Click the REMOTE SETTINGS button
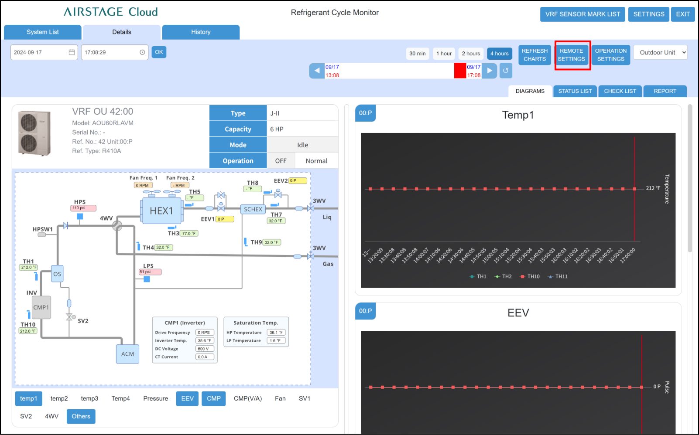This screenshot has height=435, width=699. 571,55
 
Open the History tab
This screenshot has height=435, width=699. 201,32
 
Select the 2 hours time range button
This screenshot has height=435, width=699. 471,54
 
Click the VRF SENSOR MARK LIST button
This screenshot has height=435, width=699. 582,14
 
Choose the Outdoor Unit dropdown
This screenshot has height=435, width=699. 660,52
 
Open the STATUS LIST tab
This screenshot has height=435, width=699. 575,91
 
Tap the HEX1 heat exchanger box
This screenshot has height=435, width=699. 161,211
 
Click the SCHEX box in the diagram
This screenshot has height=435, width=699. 253,209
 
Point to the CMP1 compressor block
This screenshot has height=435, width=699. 41,307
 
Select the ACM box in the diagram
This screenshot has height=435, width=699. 127,354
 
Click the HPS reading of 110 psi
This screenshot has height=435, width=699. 83,208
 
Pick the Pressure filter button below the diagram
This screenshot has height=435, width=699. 155,398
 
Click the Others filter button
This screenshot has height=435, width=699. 81,416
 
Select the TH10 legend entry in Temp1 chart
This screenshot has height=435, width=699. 530,276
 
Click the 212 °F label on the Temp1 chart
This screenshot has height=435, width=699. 653,188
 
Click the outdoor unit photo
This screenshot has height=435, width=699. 34,133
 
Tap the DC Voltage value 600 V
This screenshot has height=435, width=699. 204,349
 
